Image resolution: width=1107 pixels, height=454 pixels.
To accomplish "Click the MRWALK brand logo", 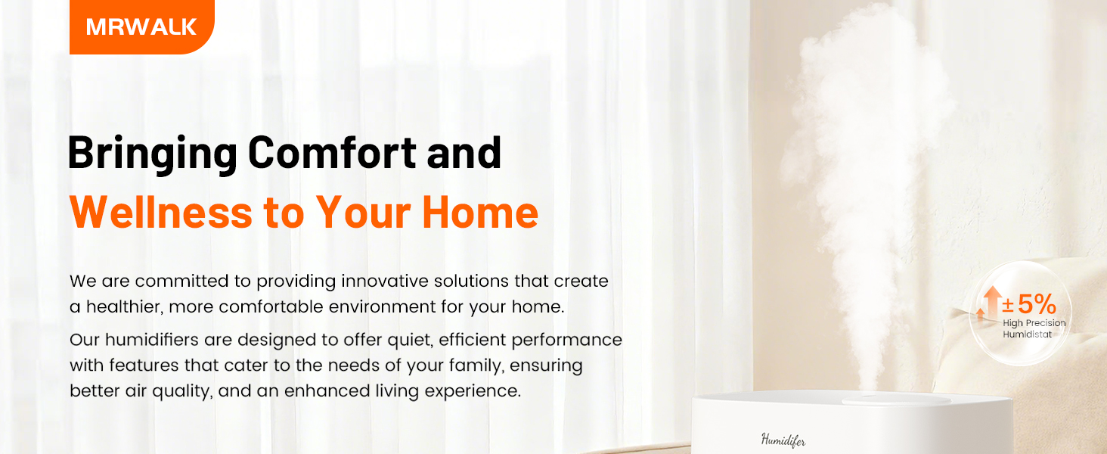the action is (142, 26).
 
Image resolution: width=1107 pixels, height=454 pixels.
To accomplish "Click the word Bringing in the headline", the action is (153, 154).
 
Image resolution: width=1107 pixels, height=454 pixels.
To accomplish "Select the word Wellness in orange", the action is (161, 212).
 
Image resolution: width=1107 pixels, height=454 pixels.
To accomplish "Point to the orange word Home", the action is (480, 212).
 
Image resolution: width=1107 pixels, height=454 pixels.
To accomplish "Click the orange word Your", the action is (363, 212).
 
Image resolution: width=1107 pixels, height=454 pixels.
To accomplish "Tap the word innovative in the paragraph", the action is (384, 281).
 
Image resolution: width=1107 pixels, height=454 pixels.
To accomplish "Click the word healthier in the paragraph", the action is (124, 306).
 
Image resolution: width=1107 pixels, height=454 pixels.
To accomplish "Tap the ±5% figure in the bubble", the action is (1029, 304).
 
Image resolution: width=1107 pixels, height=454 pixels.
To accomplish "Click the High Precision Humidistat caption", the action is (1034, 328).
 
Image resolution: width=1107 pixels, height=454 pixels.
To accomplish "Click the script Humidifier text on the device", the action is (783, 440).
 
